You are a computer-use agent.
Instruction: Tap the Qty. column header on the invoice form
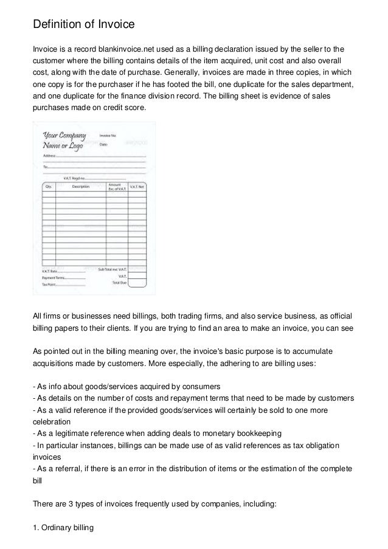point(47,187)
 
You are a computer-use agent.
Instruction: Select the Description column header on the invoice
point(81,187)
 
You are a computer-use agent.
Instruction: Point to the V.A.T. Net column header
point(137,187)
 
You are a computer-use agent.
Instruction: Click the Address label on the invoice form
point(49,156)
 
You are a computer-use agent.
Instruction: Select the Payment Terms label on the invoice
point(53,277)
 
